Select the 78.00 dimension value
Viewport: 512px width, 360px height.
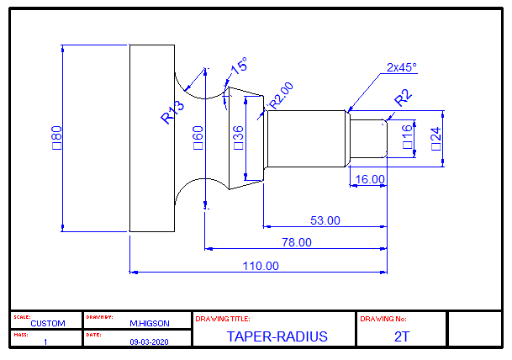point(296,242)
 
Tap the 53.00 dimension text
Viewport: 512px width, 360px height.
point(325,220)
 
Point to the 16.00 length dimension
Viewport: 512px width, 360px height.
point(370,179)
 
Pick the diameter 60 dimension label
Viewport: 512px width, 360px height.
point(198,136)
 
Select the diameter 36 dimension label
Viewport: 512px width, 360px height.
point(238,136)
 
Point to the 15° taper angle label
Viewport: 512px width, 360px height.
point(239,66)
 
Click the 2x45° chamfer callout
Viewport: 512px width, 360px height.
point(401,67)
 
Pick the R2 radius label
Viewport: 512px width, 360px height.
point(404,98)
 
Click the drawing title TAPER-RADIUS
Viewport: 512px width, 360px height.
point(277,336)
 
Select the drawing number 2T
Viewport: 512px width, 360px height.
point(401,336)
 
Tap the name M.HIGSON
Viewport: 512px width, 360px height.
point(150,323)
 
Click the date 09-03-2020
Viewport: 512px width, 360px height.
point(150,342)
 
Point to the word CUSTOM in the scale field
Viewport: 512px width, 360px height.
point(47,323)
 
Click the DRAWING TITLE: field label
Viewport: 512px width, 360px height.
point(223,319)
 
